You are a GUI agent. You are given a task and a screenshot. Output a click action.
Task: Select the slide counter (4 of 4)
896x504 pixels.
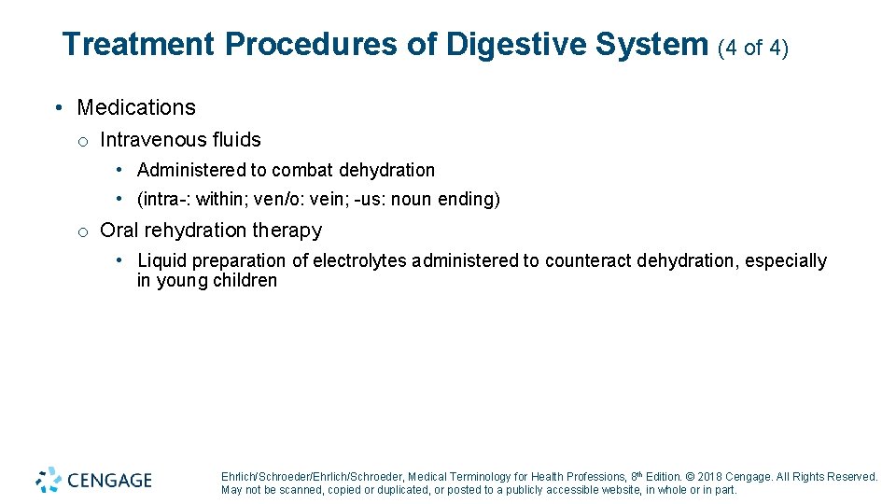coord(753,47)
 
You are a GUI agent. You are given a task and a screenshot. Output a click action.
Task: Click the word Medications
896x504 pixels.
coord(136,107)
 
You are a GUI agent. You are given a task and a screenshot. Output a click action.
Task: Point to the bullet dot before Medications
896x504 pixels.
coord(58,107)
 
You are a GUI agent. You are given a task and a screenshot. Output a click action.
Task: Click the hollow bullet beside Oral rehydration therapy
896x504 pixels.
coord(83,231)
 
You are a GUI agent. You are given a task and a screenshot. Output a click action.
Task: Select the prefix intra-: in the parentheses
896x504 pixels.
coord(165,199)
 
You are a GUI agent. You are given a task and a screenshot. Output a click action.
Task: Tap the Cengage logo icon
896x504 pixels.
coord(49,480)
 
